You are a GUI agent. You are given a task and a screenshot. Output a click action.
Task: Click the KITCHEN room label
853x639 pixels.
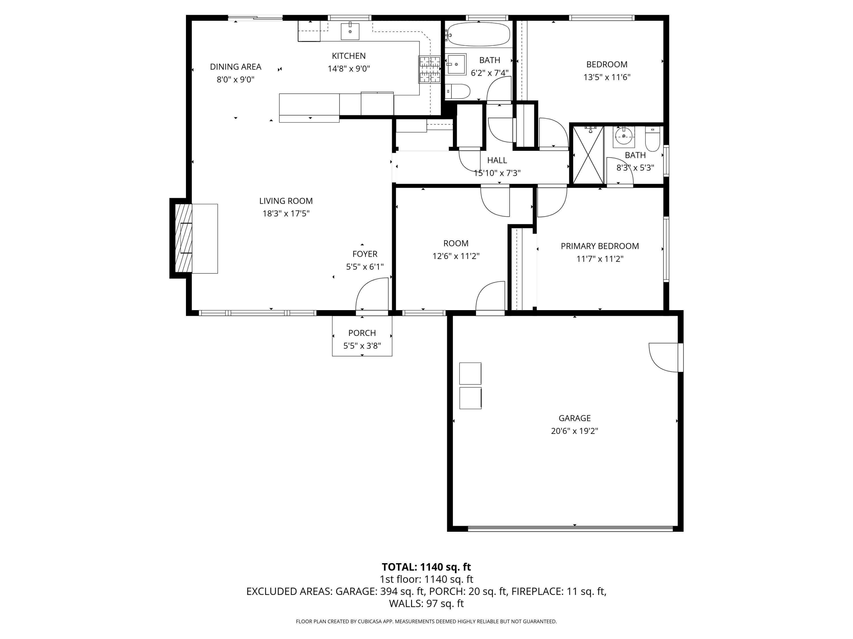tap(349, 56)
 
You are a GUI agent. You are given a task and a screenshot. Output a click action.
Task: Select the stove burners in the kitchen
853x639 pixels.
tap(430, 70)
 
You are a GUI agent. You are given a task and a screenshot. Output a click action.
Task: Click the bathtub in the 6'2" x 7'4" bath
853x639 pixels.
tap(479, 35)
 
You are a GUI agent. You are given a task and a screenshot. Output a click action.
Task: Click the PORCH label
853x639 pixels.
tap(362, 333)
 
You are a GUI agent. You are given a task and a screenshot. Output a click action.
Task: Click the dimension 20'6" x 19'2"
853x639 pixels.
tap(574, 431)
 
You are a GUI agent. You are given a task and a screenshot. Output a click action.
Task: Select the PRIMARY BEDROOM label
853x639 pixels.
tap(600, 246)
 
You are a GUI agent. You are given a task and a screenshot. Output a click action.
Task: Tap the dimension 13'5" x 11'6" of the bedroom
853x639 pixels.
tap(606, 77)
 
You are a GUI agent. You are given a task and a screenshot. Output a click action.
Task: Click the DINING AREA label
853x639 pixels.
tap(236, 67)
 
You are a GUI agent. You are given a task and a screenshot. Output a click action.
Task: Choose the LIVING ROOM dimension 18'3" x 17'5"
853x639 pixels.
tap(286, 213)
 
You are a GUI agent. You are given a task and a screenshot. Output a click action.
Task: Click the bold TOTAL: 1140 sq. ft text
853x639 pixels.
tap(426, 567)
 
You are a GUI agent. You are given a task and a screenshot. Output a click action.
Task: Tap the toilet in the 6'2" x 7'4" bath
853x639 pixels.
tap(459, 92)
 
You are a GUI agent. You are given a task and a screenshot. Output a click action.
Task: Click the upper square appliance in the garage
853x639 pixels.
tap(470, 373)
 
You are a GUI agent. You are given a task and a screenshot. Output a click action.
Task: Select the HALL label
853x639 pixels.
tap(497, 160)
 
